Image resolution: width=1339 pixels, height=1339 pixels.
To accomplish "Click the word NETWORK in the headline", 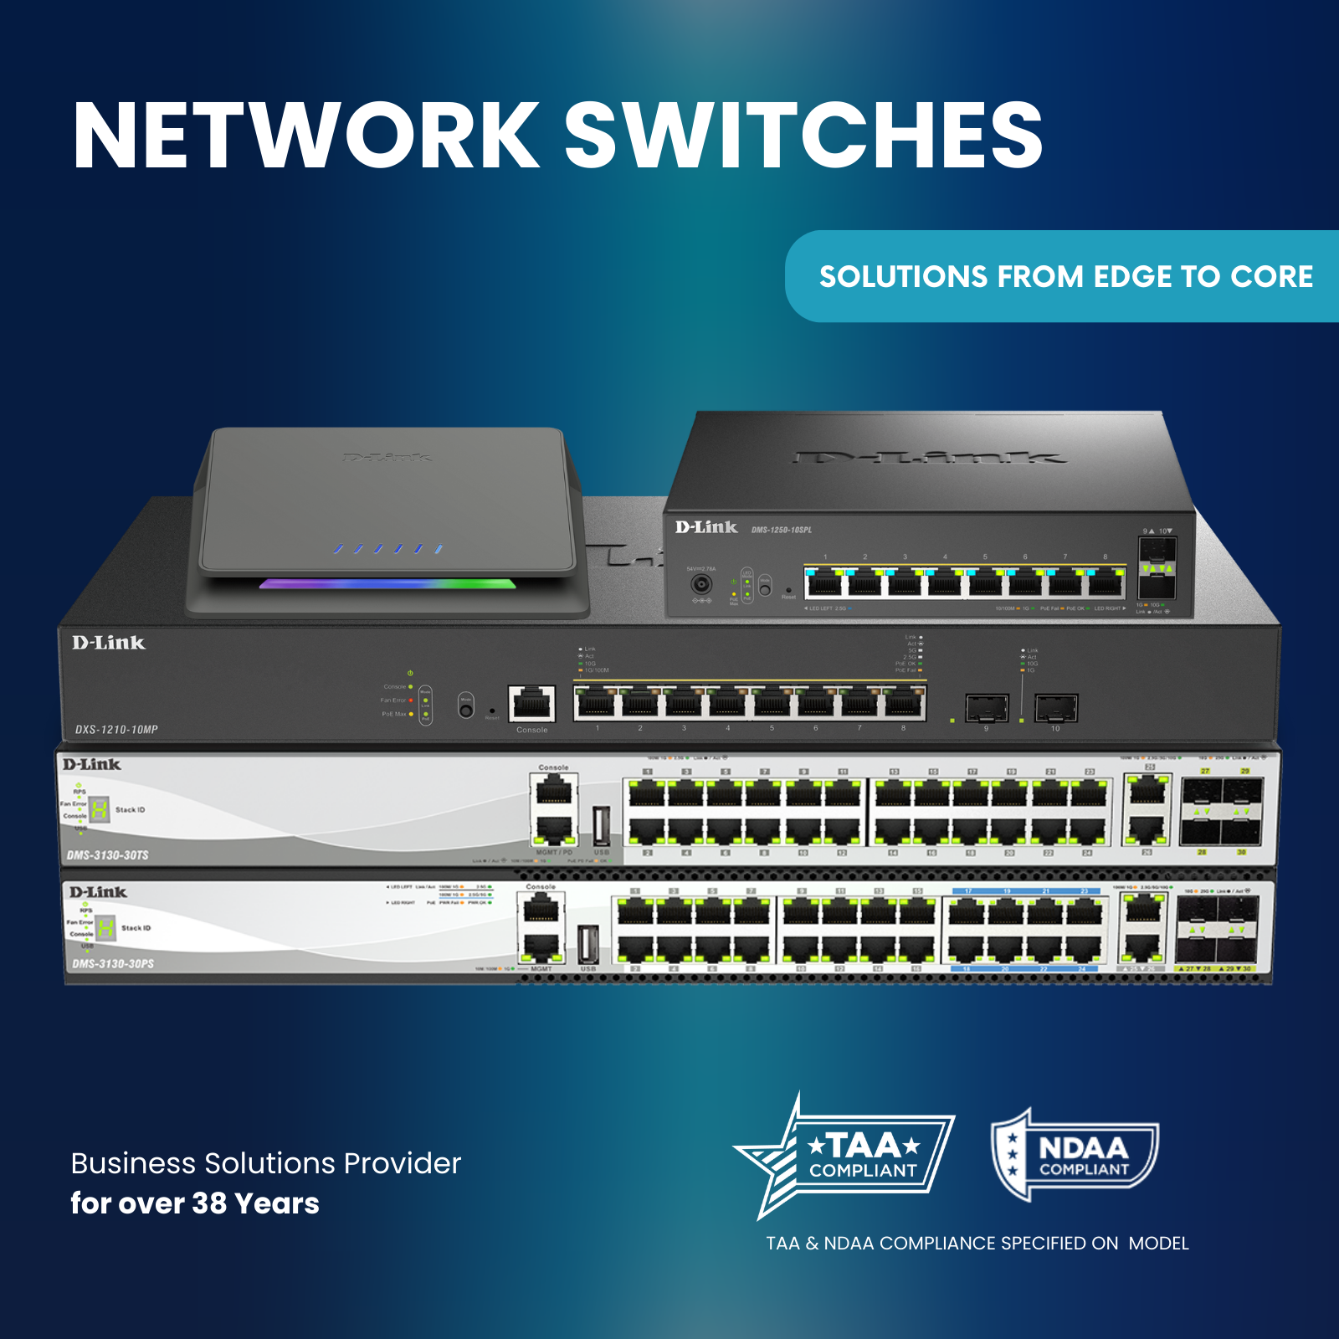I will [305, 136].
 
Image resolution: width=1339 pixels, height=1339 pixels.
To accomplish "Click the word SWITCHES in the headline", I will [803, 136].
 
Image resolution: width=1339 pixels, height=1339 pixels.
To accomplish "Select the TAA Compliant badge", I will [845, 1156].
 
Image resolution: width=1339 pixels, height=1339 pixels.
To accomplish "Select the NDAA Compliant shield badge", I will [1075, 1156].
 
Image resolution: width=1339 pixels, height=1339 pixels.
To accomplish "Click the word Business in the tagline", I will [133, 1163].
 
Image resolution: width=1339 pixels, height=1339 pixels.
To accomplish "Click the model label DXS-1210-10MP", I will [116, 730].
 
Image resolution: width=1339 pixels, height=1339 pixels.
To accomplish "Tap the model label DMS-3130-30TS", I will [108, 855].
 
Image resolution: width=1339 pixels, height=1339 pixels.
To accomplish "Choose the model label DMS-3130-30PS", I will [113, 964].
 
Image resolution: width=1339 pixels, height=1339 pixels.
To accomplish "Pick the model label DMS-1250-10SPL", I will [781, 530].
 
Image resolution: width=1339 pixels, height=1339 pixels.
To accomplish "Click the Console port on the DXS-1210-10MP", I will [531, 704].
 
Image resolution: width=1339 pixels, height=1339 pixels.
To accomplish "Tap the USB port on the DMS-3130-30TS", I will [601, 826].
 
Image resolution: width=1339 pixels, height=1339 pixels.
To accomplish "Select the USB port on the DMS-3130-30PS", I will [588, 944].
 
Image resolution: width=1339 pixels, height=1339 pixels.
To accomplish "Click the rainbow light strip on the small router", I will [387, 583].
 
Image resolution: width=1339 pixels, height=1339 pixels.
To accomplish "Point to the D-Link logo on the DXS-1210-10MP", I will [109, 643].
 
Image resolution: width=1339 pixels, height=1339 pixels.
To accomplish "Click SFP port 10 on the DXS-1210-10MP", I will [1055, 708].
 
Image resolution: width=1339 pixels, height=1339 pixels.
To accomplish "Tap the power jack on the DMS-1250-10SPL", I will [701, 583].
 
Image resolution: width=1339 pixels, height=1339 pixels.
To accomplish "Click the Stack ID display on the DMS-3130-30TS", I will [100, 809].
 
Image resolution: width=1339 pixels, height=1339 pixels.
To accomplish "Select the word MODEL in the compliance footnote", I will [1158, 1244].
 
